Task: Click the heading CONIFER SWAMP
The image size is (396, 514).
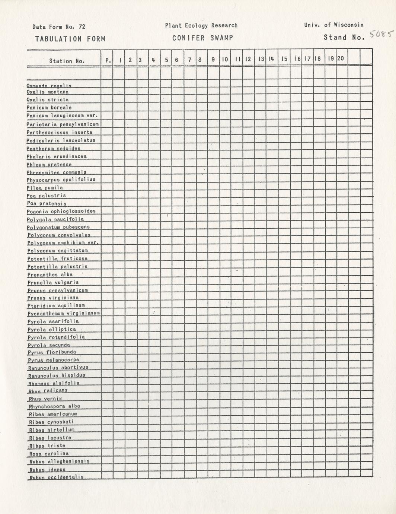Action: click(x=202, y=38)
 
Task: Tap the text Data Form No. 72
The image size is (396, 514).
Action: click(x=59, y=27)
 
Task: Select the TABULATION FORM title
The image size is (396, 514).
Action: click(x=70, y=39)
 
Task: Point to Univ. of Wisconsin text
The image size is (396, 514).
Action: click(x=333, y=25)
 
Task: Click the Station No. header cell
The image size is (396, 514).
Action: click(x=67, y=61)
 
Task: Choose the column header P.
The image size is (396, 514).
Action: click(x=108, y=60)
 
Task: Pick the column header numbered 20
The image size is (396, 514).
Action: click(x=340, y=58)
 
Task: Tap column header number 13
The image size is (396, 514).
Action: click(x=261, y=59)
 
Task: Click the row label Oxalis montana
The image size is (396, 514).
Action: click(x=48, y=92)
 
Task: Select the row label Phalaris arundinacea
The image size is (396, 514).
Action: click(x=57, y=156)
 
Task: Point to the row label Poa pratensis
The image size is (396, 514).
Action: click(x=47, y=204)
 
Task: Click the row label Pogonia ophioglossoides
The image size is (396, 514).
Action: click(x=61, y=211)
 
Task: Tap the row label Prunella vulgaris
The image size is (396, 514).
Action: click(x=53, y=282)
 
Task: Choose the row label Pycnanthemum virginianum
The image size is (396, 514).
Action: click(x=64, y=313)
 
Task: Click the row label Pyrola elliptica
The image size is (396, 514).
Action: click(x=52, y=329)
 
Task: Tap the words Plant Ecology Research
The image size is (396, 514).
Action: click(x=201, y=25)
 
